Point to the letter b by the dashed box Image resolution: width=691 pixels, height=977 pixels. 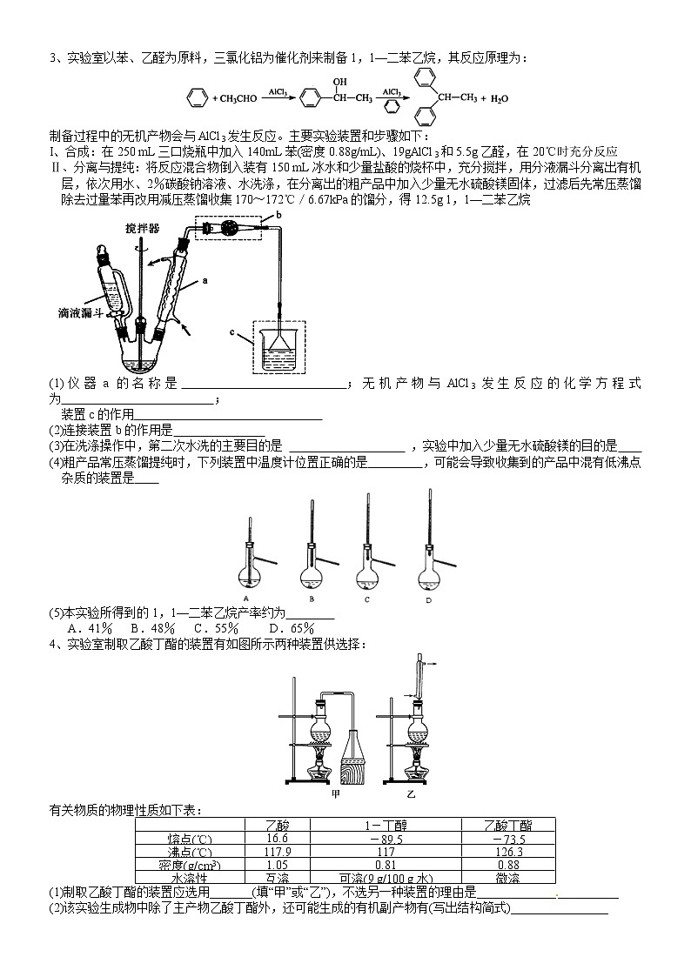[278, 213]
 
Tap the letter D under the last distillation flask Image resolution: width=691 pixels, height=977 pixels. [428, 599]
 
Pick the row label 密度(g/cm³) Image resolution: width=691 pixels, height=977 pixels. [189, 864]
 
